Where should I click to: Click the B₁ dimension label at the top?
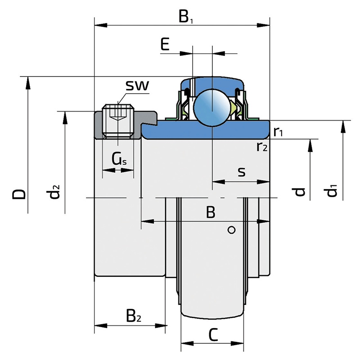point(185,18)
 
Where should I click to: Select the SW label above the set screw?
point(137,86)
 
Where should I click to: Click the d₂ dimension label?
point(54,192)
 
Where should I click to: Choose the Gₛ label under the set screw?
point(119,158)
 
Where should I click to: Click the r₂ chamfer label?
point(262,146)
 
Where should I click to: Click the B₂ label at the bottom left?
point(133,316)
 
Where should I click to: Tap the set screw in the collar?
point(118,121)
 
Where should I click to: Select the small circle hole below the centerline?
point(232,230)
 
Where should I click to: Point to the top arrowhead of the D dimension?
point(27,81)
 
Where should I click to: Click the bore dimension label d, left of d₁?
point(300,192)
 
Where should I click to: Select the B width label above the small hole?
point(210,212)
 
